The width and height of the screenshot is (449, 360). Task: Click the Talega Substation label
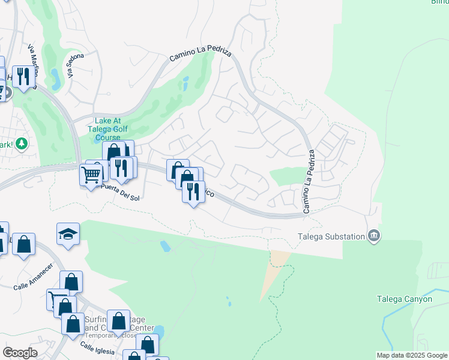coord(332,236)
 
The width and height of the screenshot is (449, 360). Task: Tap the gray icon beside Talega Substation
coord(374,235)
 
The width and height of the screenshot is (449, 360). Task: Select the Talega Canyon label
coord(404,299)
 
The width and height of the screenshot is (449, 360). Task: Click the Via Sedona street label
coord(76,65)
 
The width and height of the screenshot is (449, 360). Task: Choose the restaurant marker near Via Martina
coord(23,76)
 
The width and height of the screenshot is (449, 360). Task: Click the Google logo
coord(20,353)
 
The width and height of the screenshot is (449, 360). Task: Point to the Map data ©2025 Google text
coord(411,355)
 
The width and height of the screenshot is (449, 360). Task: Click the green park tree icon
coord(22,143)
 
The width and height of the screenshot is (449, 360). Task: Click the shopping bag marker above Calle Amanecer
coord(23,244)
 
